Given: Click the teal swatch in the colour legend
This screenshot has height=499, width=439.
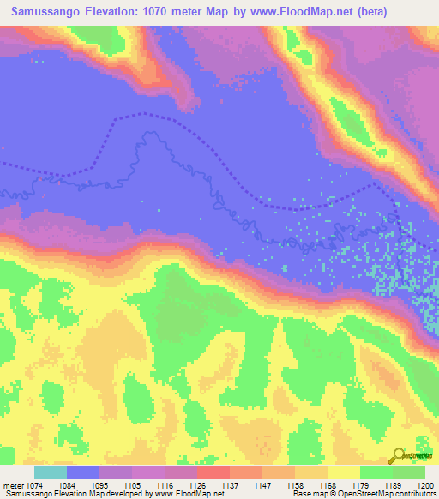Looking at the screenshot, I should [51, 472].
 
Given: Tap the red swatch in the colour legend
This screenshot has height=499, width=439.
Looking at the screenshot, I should [213, 472].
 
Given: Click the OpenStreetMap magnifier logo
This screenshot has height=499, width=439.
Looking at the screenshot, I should [399, 456].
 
